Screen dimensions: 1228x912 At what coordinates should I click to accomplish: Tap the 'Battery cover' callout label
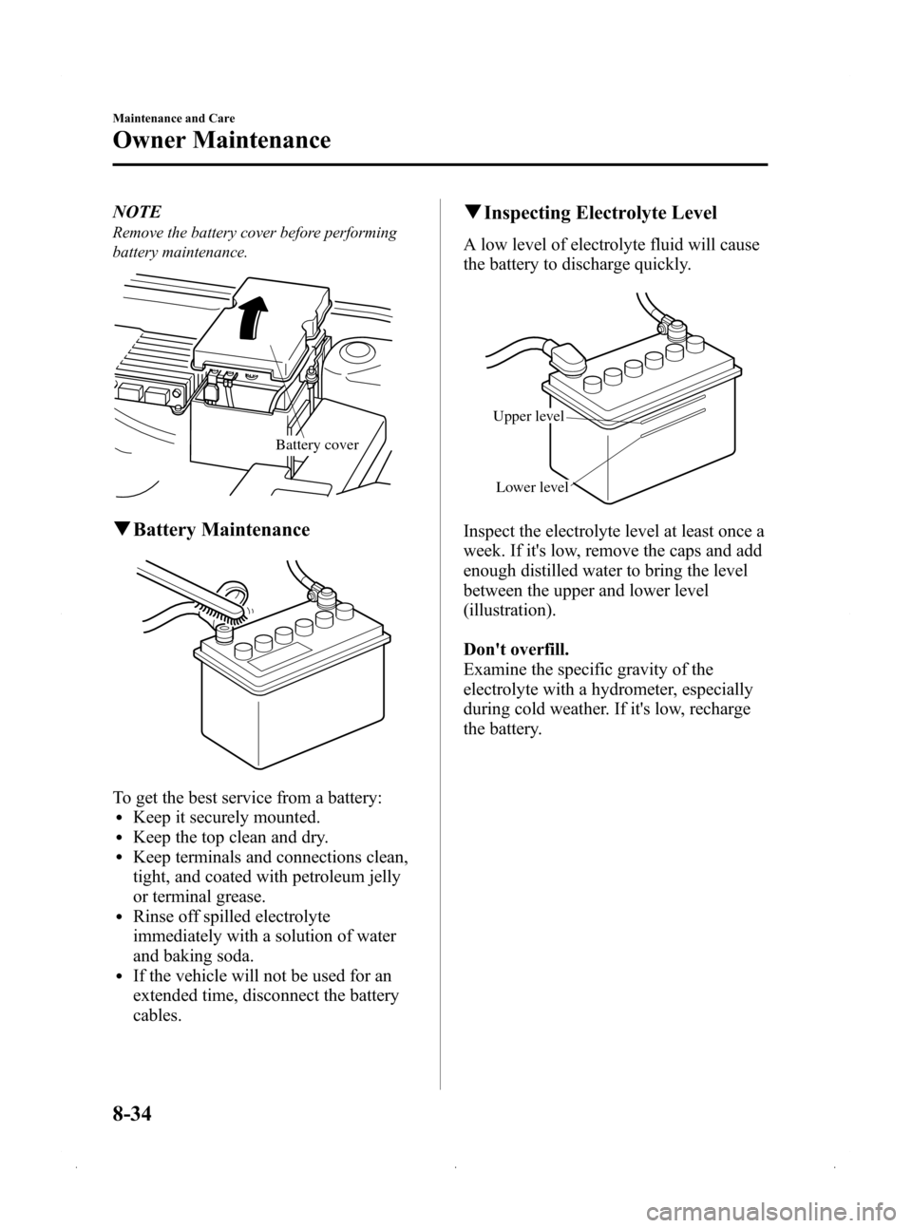pyautogui.click(x=317, y=444)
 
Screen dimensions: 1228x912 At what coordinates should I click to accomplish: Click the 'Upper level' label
pyautogui.click(x=528, y=417)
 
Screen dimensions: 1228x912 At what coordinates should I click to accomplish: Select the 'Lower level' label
pyautogui.click(x=532, y=487)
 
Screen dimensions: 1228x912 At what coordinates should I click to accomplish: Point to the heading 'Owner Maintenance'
pyautogui.click(x=221, y=141)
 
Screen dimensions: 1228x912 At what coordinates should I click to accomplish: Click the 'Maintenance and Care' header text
pyautogui.click(x=174, y=118)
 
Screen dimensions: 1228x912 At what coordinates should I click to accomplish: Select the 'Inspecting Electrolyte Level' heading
pyautogui.click(x=613, y=213)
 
